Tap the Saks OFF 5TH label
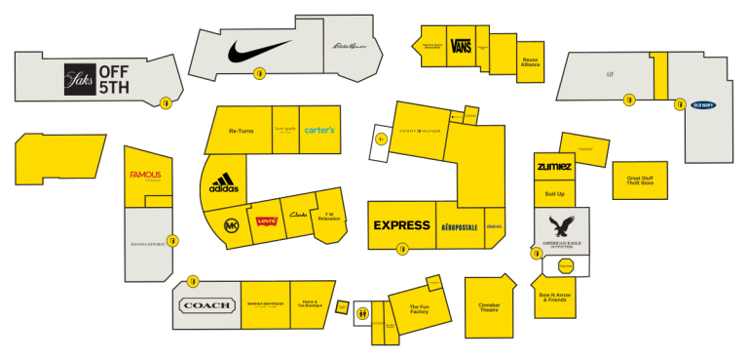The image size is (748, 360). pyautogui.click(x=95, y=78)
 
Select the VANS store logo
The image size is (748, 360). pyautogui.click(x=463, y=46)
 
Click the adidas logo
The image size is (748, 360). pyautogui.click(x=224, y=183)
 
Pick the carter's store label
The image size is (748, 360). pyautogui.click(x=319, y=130)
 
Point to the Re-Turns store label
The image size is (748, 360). pyautogui.click(x=241, y=131)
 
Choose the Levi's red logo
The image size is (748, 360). pyautogui.click(x=266, y=220)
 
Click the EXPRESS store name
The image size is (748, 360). pyautogui.click(x=401, y=225)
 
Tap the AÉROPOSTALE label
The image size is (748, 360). pyautogui.click(x=459, y=226)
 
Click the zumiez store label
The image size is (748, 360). pyautogui.click(x=554, y=167)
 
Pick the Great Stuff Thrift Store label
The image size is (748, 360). pyautogui.click(x=640, y=181)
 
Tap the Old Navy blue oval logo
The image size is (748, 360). pyautogui.click(x=703, y=104)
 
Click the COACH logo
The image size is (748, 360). pyautogui.click(x=206, y=305)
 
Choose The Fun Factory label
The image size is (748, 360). pyautogui.click(x=419, y=309)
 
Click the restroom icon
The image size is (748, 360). pyautogui.click(x=362, y=313)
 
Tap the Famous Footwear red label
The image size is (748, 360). pyautogui.click(x=145, y=176)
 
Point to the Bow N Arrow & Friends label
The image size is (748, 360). pyautogui.click(x=553, y=297)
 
